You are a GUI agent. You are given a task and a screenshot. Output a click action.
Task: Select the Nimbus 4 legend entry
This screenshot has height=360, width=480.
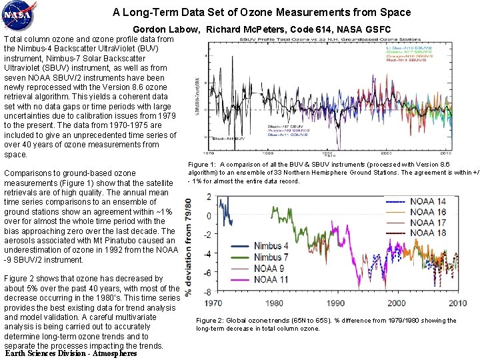271,246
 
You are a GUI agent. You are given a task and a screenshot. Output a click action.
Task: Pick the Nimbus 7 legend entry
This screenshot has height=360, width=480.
271,257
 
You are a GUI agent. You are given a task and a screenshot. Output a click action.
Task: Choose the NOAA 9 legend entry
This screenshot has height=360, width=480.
269,269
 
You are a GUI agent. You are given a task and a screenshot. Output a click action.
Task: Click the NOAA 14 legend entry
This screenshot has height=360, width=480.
428,201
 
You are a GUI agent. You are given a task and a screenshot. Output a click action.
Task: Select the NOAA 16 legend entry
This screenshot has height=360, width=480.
428,212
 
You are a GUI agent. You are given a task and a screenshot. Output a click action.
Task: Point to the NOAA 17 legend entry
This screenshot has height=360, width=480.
428,222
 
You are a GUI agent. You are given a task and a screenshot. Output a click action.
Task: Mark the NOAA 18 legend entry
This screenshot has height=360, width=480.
428,233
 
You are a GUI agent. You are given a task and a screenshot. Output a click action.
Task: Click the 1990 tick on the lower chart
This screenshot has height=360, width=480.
335,303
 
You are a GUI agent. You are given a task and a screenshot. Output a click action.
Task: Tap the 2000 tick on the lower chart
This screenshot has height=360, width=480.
397,303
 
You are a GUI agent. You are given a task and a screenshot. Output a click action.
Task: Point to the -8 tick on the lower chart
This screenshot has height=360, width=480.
208,293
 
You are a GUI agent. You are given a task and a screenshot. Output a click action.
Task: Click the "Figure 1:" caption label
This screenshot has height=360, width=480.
202,164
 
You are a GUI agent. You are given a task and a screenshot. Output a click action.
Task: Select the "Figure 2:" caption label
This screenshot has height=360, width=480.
209,321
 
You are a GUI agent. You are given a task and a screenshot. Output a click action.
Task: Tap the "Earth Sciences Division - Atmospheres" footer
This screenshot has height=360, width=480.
71,353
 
